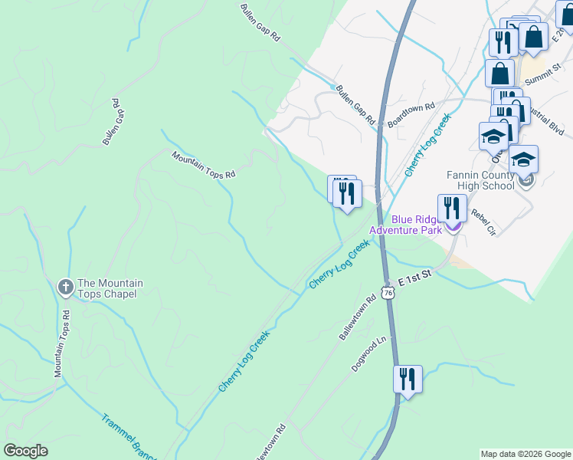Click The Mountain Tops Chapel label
[106, 288]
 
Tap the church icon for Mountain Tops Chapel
[65, 287]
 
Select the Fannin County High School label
[480, 180]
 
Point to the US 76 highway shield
[388, 294]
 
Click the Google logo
[25, 451]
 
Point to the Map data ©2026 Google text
[526, 454]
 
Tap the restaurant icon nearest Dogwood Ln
[407, 379]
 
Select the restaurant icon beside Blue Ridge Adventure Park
[452, 209]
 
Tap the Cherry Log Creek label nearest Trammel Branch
[244, 360]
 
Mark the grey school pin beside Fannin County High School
[526, 181]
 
